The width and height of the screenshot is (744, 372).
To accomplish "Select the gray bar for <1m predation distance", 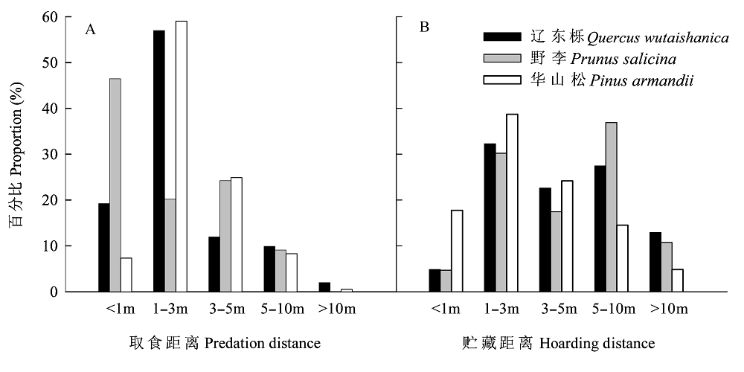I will (x=115, y=185).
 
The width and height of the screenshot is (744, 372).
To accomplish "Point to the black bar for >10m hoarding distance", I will (x=655, y=262).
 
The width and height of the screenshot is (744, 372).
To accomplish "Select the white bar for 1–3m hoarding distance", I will (x=512, y=203).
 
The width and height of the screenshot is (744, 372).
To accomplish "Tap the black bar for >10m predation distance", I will (x=324, y=287).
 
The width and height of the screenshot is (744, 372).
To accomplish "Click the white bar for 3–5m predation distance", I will (x=237, y=234).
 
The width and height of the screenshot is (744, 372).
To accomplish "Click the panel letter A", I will (x=91, y=29).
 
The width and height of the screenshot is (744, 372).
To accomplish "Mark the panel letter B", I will (x=424, y=28).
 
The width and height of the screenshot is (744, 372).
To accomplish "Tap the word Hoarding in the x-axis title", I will (x=567, y=344).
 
